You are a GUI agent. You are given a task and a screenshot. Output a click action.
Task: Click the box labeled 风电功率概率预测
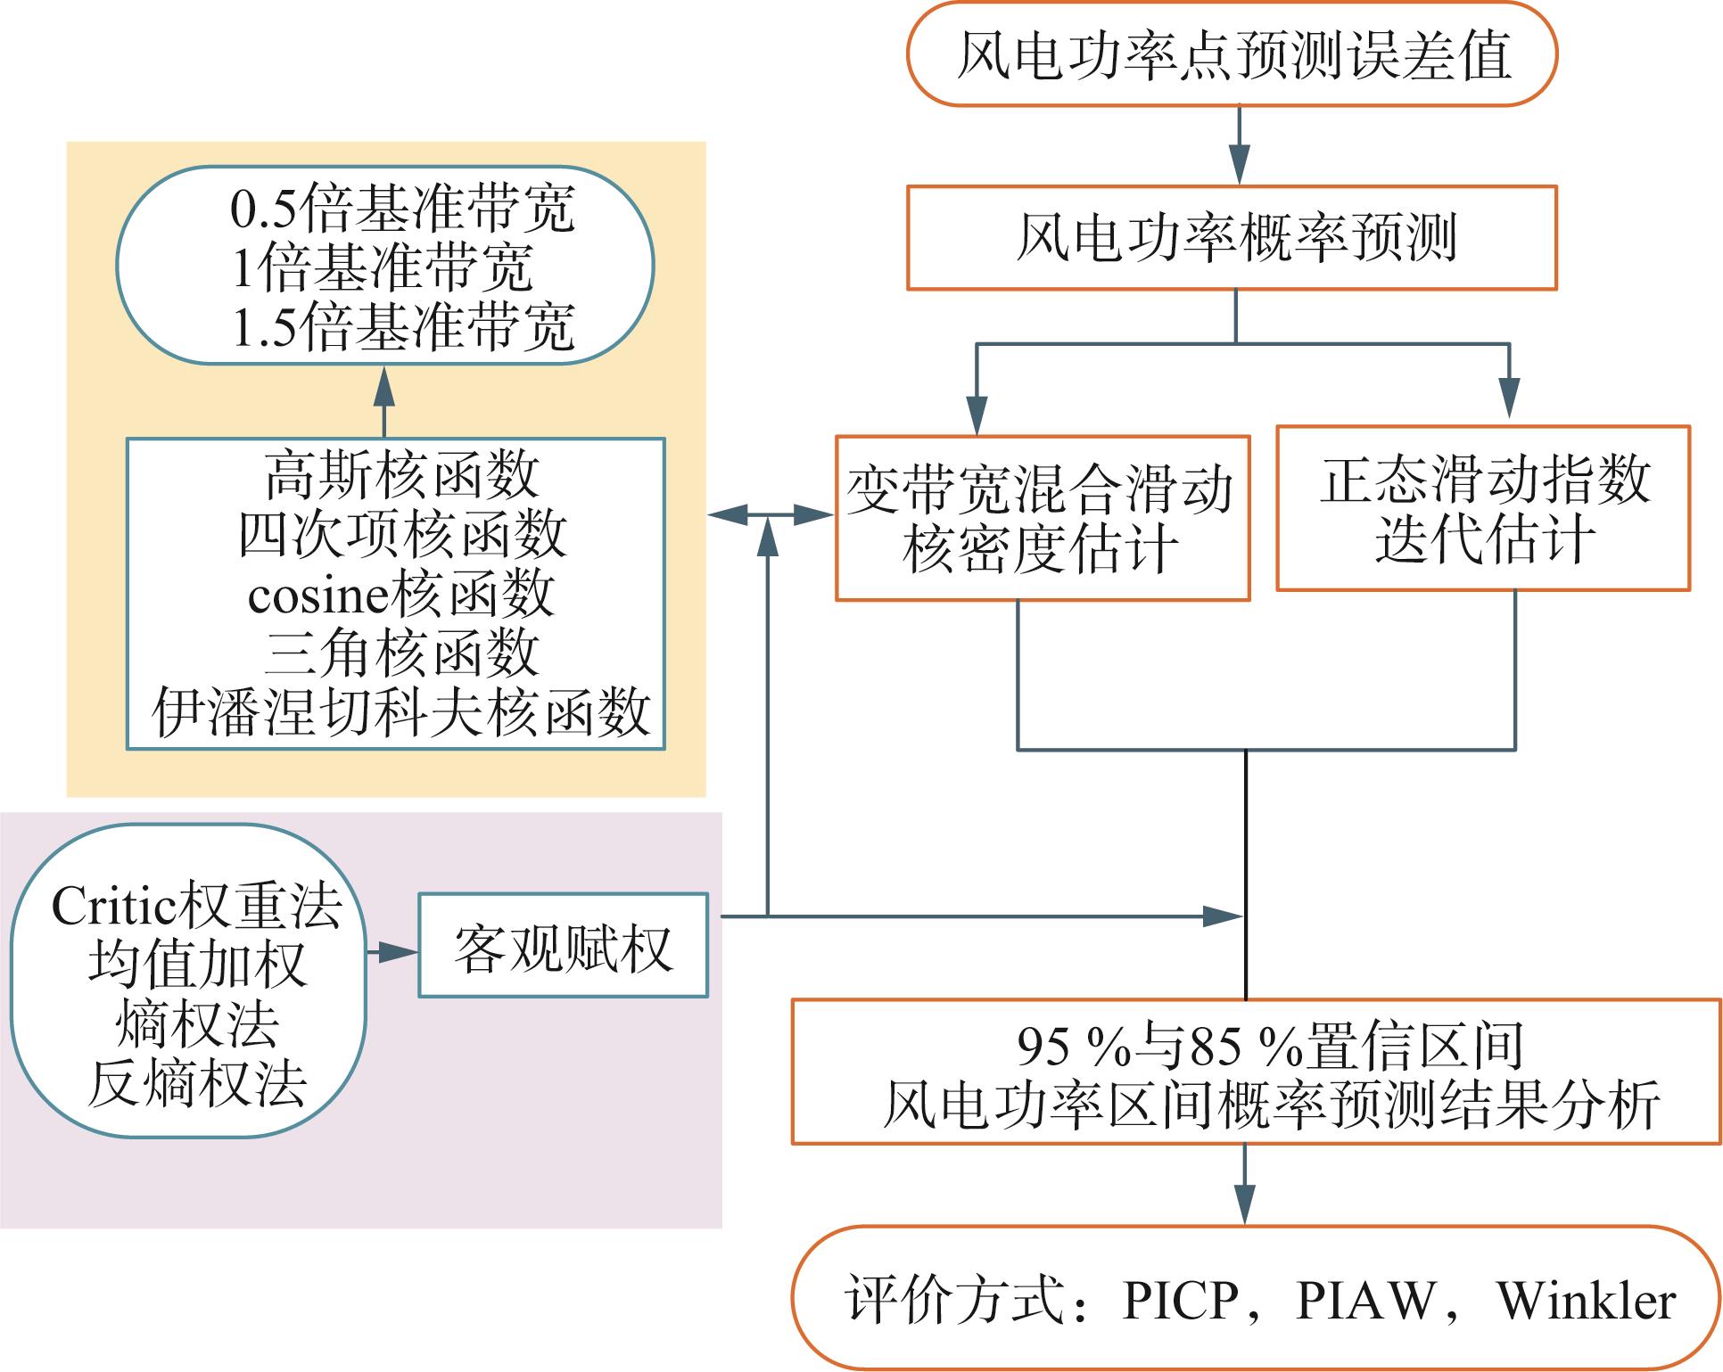(x=1232, y=237)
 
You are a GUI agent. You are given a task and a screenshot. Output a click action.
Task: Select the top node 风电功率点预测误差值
(x=1232, y=54)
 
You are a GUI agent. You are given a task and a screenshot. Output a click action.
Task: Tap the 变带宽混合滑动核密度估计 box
(x=1042, y=518)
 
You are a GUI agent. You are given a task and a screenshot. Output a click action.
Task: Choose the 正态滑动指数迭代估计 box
(x=1483, y=508)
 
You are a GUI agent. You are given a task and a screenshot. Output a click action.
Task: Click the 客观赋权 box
(x=563, y=945)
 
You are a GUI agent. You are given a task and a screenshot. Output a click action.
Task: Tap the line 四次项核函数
(x=402, y=535)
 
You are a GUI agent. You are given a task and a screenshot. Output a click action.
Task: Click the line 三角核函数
(x=402, y=653)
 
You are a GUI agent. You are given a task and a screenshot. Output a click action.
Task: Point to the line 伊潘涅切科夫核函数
(x=402, y=712)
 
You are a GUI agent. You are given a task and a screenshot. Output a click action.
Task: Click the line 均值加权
(x=197, y=965)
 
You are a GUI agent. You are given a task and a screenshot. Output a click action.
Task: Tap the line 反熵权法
(x=197, y=1083)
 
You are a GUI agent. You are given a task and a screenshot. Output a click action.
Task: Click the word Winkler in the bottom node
(x=1587, y=1301)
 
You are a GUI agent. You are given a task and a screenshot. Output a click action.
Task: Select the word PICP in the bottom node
(x=1181, y=1301)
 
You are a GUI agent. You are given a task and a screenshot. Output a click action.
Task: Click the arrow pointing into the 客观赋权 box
(x=392, y=952)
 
